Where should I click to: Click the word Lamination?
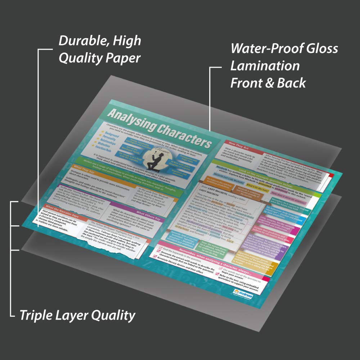pos(265,66)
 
